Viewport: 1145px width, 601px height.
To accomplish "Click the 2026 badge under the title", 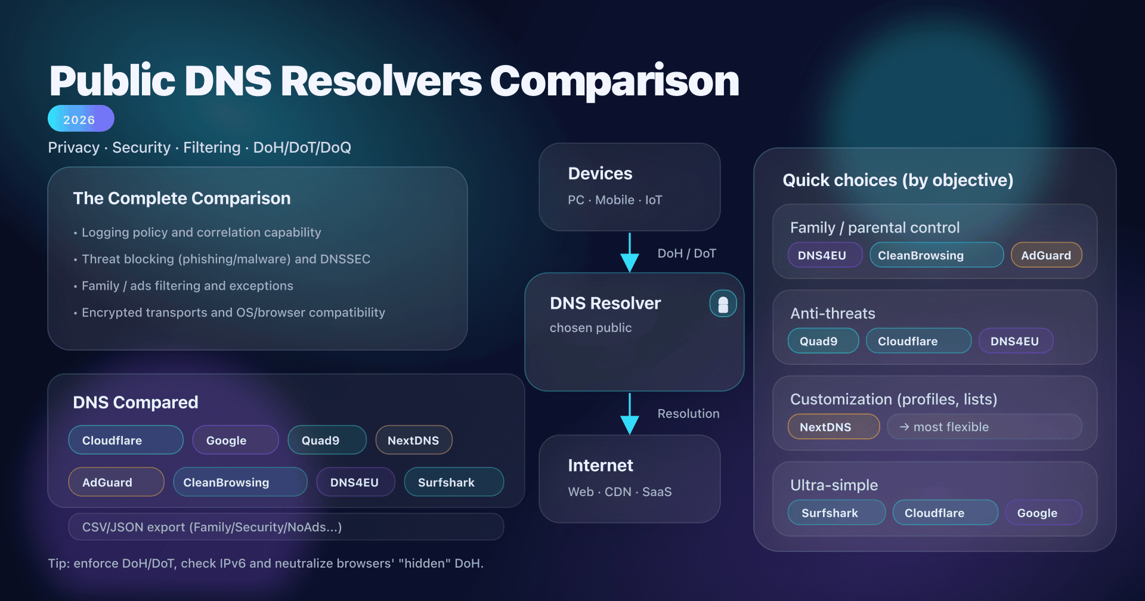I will [81, 119].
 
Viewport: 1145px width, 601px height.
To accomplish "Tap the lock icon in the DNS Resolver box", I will [723, 304].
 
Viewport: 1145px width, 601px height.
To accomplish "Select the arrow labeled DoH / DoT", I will [630, 253].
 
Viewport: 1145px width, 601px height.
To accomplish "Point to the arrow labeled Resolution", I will [630, 413].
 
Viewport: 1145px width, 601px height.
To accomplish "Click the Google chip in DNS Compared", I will [235, 440].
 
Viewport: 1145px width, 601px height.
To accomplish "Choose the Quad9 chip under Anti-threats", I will [822, 341].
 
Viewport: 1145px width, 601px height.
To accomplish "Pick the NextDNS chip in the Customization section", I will [833, 427].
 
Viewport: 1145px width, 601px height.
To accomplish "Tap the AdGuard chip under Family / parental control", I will [1046, 255].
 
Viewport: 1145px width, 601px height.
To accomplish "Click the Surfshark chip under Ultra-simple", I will [836, 513].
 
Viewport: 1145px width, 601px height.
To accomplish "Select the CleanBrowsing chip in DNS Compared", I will [240, 482].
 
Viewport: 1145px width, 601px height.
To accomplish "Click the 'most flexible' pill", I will [983, 427].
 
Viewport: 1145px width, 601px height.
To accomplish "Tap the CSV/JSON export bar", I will [286, 527].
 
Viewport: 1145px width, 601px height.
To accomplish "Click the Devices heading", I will [600, 174].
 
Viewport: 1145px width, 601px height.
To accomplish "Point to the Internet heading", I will [600, 466].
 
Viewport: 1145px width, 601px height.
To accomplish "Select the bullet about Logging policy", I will [201, 233].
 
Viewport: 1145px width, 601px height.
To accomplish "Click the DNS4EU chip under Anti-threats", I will [1015, 341].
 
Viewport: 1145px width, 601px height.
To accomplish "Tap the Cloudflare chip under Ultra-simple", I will [945, 513].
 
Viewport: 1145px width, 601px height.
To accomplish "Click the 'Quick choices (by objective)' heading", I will [898, 180].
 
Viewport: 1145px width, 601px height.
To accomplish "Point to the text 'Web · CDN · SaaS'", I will [620, 492].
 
